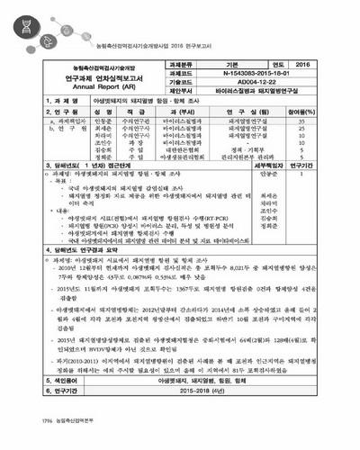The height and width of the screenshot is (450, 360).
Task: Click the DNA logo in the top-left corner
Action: click(21, 21)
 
